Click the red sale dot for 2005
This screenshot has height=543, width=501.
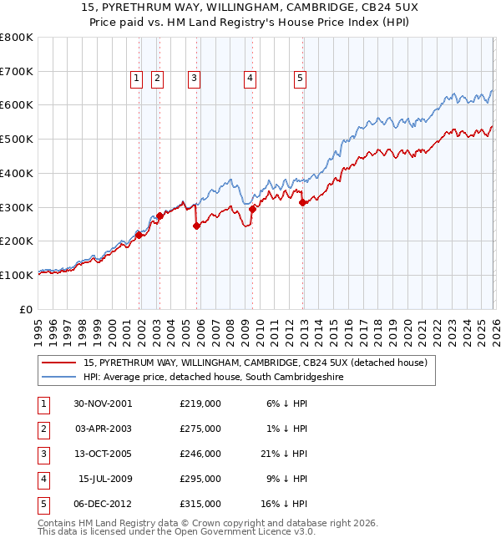196,225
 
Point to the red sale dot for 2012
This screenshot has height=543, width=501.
302,201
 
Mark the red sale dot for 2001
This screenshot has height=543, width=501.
139,235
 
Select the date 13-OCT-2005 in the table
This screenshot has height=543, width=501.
103,454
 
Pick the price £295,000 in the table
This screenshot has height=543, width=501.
200,479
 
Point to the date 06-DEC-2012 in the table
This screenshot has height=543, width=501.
103,504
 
